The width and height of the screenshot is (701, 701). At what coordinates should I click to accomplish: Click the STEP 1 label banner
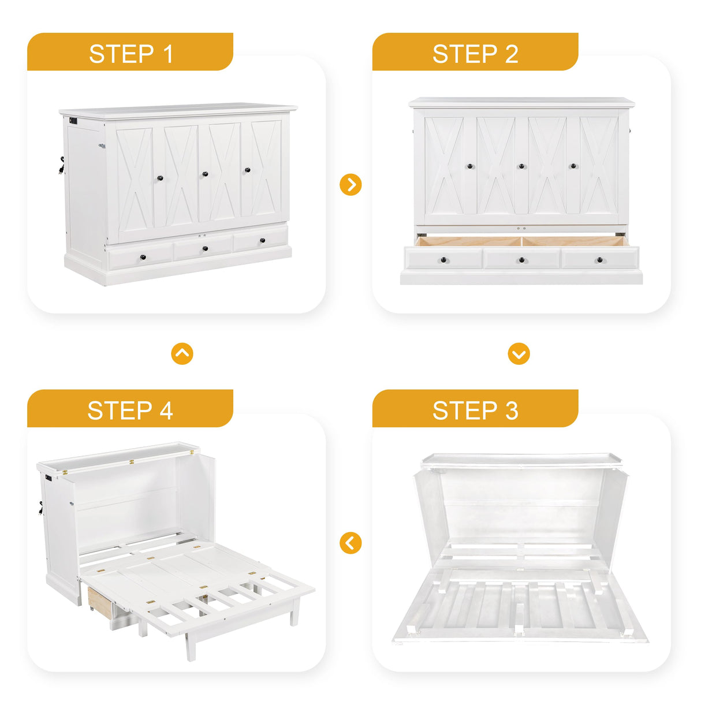130,53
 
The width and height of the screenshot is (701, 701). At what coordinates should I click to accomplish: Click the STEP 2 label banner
475,53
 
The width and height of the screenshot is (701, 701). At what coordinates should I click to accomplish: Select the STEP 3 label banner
475,410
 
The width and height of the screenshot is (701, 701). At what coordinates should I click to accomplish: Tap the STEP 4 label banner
130,410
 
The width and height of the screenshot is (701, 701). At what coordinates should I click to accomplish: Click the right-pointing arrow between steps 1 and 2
350,185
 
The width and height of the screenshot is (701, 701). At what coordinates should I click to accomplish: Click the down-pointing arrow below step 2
519,353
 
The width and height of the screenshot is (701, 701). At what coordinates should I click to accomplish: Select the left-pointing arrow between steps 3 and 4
350,543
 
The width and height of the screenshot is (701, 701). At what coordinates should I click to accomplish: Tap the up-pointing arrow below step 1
182,353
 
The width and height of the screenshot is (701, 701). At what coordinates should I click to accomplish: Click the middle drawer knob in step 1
206,249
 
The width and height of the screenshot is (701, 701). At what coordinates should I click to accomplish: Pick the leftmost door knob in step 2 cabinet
470,166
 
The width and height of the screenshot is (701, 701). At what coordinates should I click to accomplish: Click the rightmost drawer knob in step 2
599,260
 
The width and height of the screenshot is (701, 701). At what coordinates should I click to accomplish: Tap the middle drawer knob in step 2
521,260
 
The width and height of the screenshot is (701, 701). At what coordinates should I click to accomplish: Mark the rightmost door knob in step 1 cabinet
248,170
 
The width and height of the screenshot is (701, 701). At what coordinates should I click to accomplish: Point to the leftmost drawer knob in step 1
143,257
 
